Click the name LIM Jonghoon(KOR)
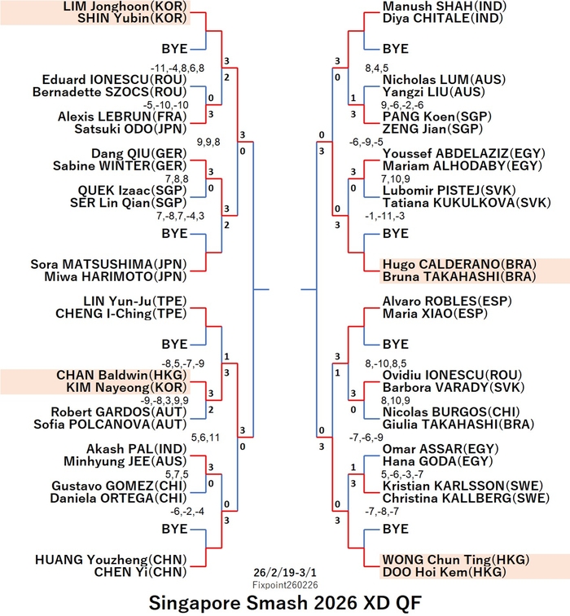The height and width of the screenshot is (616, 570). (x=125, y=7)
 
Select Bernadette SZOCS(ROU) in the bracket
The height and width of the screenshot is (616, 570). (x=110, y=92)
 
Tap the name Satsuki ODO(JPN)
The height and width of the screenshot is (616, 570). (x=130, y=129)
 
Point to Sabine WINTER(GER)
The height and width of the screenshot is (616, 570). (x=120, y=165)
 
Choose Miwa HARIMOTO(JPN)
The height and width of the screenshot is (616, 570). (x=116, y=276)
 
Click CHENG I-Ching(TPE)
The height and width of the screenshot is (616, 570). (x=121, y=314)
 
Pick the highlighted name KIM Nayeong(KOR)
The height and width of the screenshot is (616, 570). (x=126, y=387)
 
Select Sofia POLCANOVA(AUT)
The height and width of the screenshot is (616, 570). (x=110, y=425)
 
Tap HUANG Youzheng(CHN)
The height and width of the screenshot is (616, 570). (x=111, y=560)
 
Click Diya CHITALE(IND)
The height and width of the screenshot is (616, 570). (x=443, y=18)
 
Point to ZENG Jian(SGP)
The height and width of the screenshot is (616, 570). (x=432, y=129)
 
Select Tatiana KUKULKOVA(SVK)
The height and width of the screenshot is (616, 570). (x=467, y=203)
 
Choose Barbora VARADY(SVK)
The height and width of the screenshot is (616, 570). (x=454, y=387)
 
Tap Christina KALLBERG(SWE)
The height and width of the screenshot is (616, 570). (x=466, y=498)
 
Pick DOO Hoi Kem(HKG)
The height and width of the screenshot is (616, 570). (x=445, y=572)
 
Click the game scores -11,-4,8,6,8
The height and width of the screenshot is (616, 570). (x=178, y=68)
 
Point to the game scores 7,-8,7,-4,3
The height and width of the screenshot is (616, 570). (x=180, y=216)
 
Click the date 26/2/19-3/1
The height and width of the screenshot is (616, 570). (x=285, y=572)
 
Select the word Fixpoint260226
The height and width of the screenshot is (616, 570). (x=285, y=585)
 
